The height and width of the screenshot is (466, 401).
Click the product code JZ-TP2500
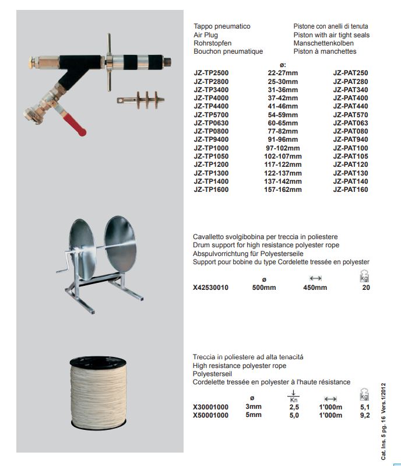tap(211, 73)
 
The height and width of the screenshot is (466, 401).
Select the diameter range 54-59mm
tap(283, 115)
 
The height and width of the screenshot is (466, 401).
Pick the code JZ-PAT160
tap(350, 190)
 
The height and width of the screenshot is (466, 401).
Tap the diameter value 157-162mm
tap(283, 190)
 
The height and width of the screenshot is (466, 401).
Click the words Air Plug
tap(206, 35)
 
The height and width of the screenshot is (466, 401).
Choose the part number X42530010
tap(211, 288)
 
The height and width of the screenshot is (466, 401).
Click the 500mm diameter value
tap(264, 288)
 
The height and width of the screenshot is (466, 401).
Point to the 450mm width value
tap(315, 288)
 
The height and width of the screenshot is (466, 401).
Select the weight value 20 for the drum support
tap(366, 288)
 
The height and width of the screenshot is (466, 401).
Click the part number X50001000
tap(211, 416)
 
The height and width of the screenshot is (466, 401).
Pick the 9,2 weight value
tap(365, 416)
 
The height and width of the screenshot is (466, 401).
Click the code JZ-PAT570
tap(350, 115)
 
